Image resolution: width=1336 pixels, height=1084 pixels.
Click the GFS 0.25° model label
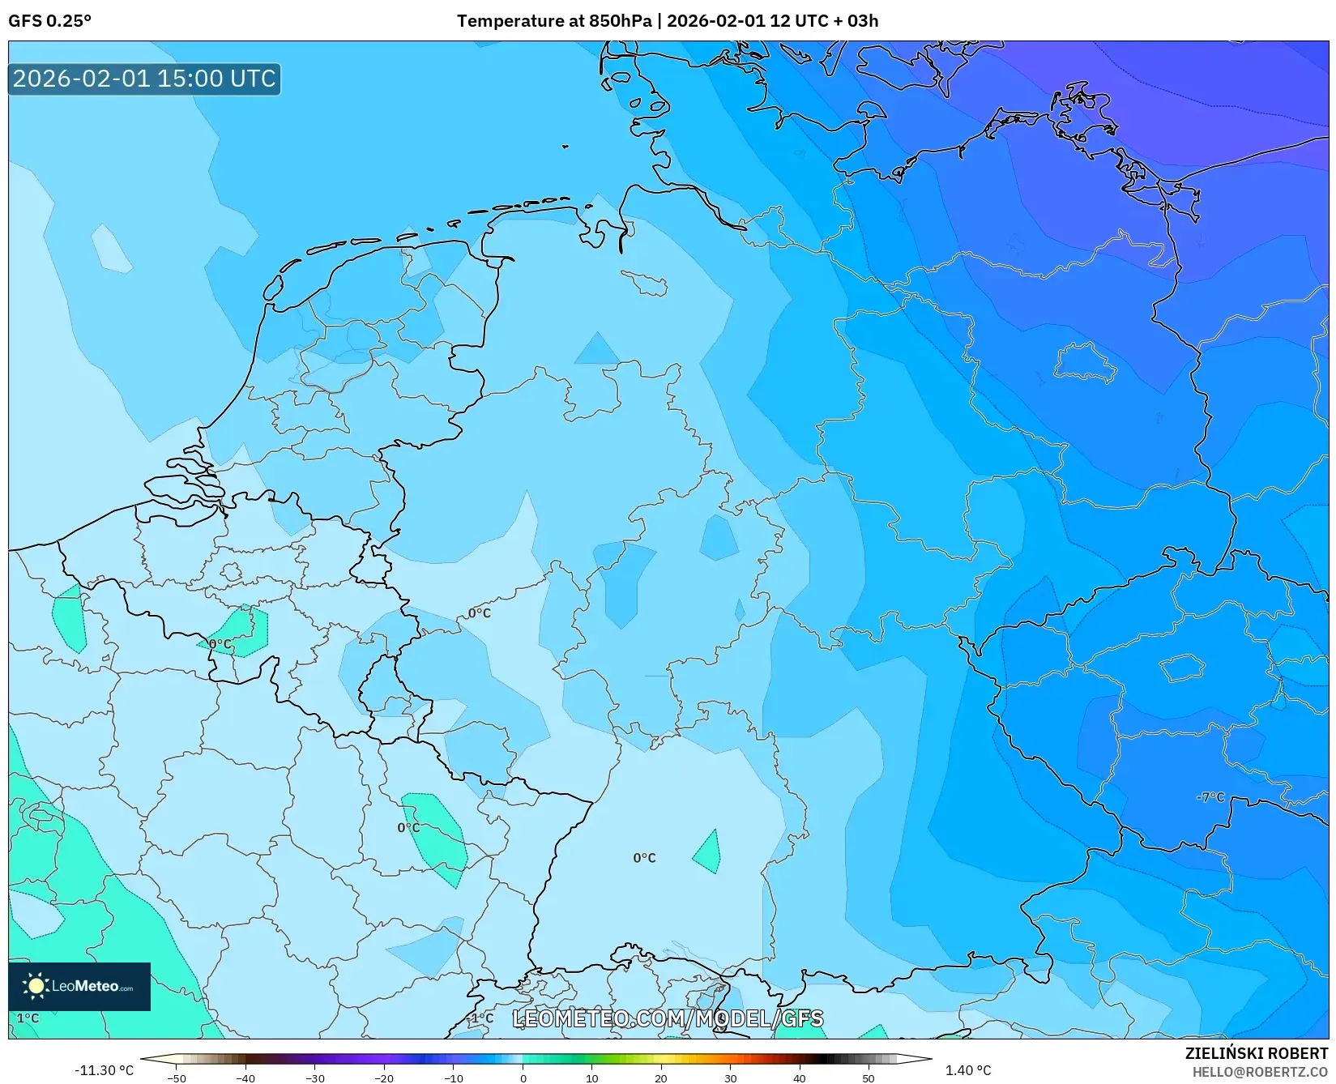pos(49,21)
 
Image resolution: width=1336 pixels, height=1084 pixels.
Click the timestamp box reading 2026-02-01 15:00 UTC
pos(144,79)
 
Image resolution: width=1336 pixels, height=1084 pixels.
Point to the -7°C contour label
pos(1210,797)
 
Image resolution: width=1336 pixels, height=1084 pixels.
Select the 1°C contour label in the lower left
pos(28,1018)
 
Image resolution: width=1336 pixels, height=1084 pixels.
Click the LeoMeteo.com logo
pos(79,986)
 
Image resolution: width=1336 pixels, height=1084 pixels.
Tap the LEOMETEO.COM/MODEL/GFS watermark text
pos(668,1018)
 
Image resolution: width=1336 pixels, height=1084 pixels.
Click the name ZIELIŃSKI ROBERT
pos(1257,1053)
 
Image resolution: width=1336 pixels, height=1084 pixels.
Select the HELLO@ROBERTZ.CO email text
pos(1260,1072)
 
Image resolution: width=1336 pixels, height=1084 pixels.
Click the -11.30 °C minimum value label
pos(104,1070)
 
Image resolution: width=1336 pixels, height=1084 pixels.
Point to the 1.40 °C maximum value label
pos(968,1070)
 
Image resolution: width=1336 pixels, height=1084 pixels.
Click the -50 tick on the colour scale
pos(176,1078)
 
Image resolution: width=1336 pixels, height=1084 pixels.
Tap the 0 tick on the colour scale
pos(523,1078)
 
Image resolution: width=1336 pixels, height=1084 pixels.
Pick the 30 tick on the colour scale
pos(730,1078)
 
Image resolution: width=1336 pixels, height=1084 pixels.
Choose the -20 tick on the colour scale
pos(384,1078)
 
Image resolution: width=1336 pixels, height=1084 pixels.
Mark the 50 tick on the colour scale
pos(869,1078)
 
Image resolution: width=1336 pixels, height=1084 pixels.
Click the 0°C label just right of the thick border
pos(479,612)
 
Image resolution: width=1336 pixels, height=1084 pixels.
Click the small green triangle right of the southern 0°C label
pos(708,853)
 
